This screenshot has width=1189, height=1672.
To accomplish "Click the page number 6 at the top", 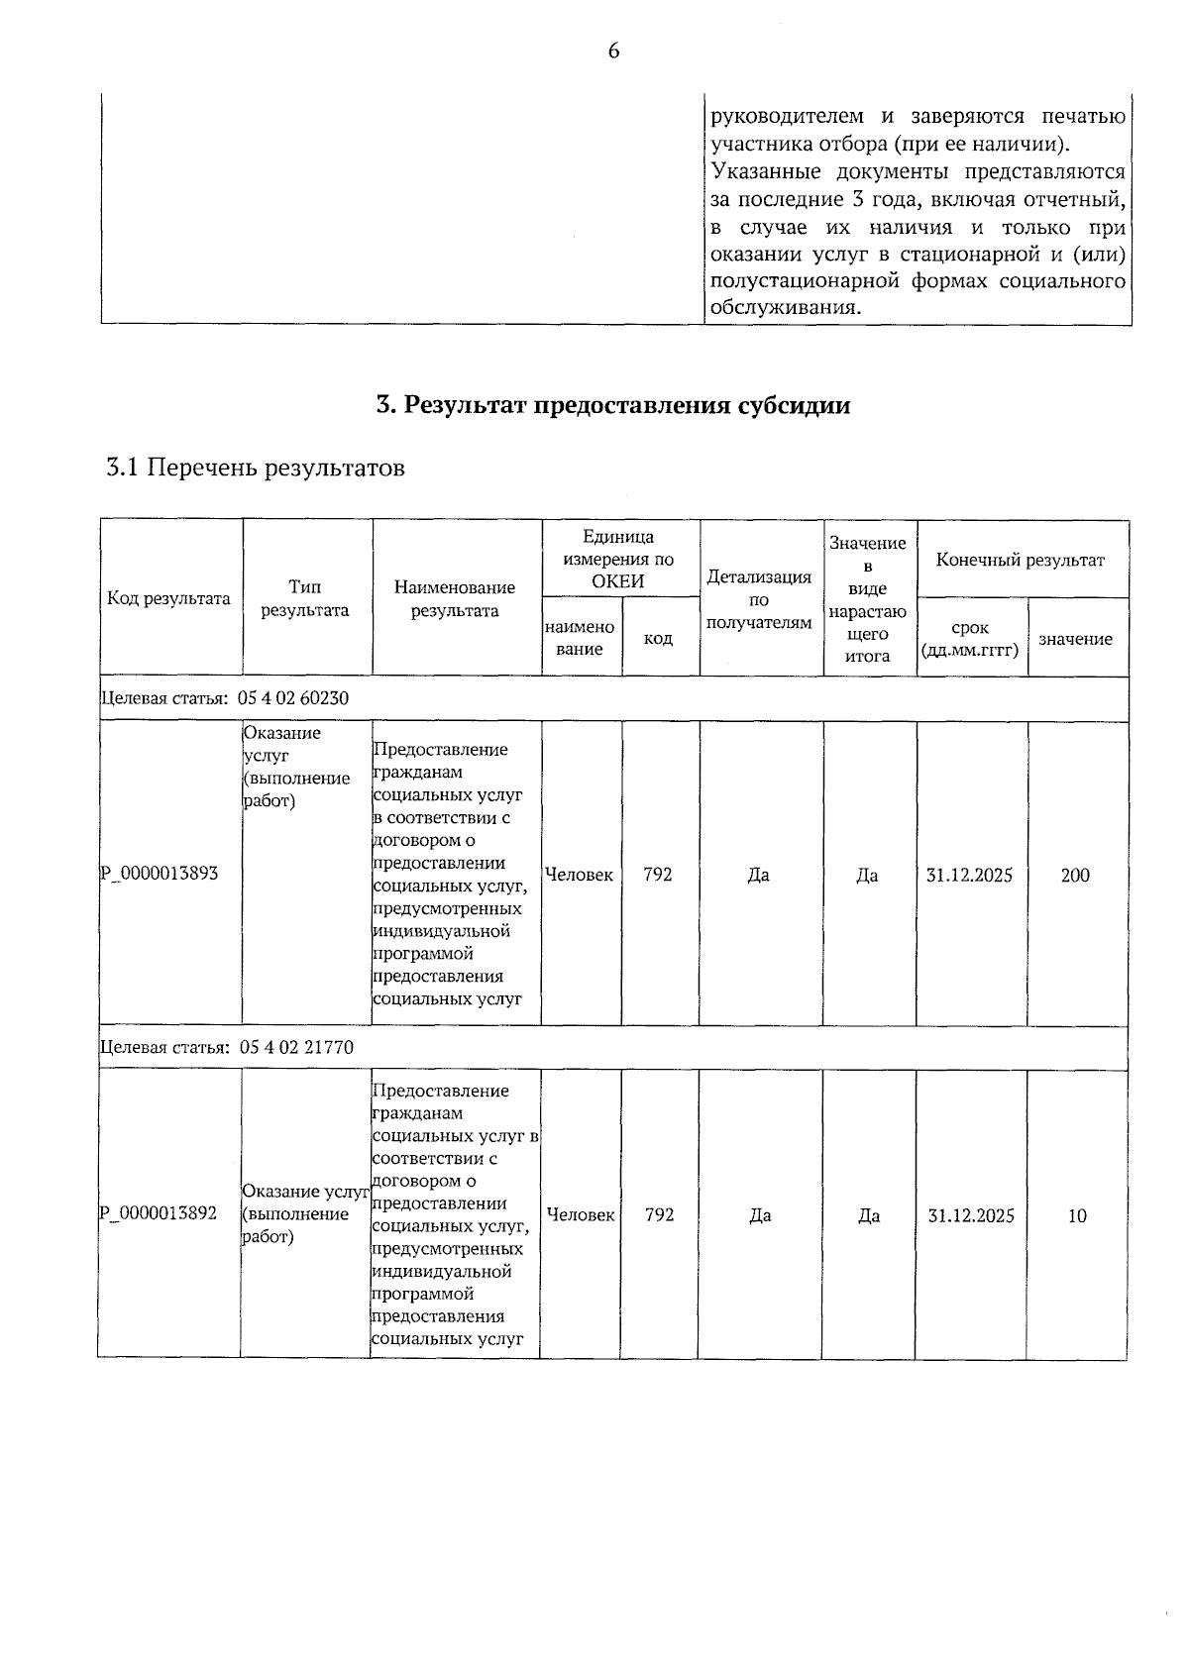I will point(613,52).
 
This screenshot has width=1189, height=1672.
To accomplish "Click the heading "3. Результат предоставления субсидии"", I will point(613,405).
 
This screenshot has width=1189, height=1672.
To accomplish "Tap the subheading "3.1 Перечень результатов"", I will point(256,468).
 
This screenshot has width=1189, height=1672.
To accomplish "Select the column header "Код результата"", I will point(169,598).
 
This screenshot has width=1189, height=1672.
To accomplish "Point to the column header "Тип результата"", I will point(305,598).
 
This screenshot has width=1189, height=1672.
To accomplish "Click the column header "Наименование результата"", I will point(455,598).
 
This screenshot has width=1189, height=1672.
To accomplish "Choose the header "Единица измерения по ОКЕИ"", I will point(618,559).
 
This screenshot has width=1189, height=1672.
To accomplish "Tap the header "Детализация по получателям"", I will point(759,599).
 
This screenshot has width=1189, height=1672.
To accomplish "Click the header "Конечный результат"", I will point(1021,560).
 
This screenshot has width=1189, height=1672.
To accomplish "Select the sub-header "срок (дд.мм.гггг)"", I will point(970,639).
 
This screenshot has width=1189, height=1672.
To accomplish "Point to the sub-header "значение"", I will point(1075,639).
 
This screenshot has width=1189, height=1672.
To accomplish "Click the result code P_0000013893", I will point(160,874).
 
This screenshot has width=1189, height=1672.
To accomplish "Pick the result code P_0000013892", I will point(159,1213).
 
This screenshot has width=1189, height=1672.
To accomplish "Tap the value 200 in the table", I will point(1075,875).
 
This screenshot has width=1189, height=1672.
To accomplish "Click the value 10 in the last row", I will point(1077,1215).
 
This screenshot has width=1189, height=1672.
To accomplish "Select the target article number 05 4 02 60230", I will point(294,698).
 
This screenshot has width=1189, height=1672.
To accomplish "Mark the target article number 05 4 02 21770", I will point(296,1047).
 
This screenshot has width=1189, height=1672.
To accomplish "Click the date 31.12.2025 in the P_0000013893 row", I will point(970,875).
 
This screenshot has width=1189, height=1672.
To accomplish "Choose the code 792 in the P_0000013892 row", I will point(660,1214).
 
